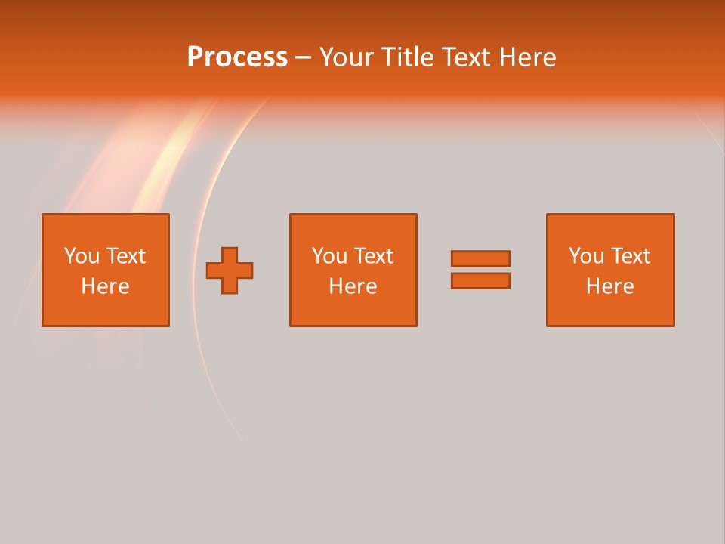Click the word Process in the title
coord(237,57)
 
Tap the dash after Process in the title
coord(304,58)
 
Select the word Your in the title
coord(345,57)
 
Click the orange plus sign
coord(230,270)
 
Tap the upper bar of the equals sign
coord(480,258)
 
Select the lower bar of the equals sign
coord(480,280)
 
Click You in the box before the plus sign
coord(82,256)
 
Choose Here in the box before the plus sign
coord(105,286)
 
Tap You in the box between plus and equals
coord(329,256)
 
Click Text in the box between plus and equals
coord(372,256)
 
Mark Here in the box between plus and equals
coord(353,286)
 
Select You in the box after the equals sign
coord(586,256)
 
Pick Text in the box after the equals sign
coord(629,256)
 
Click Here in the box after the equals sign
coord(609,286)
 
